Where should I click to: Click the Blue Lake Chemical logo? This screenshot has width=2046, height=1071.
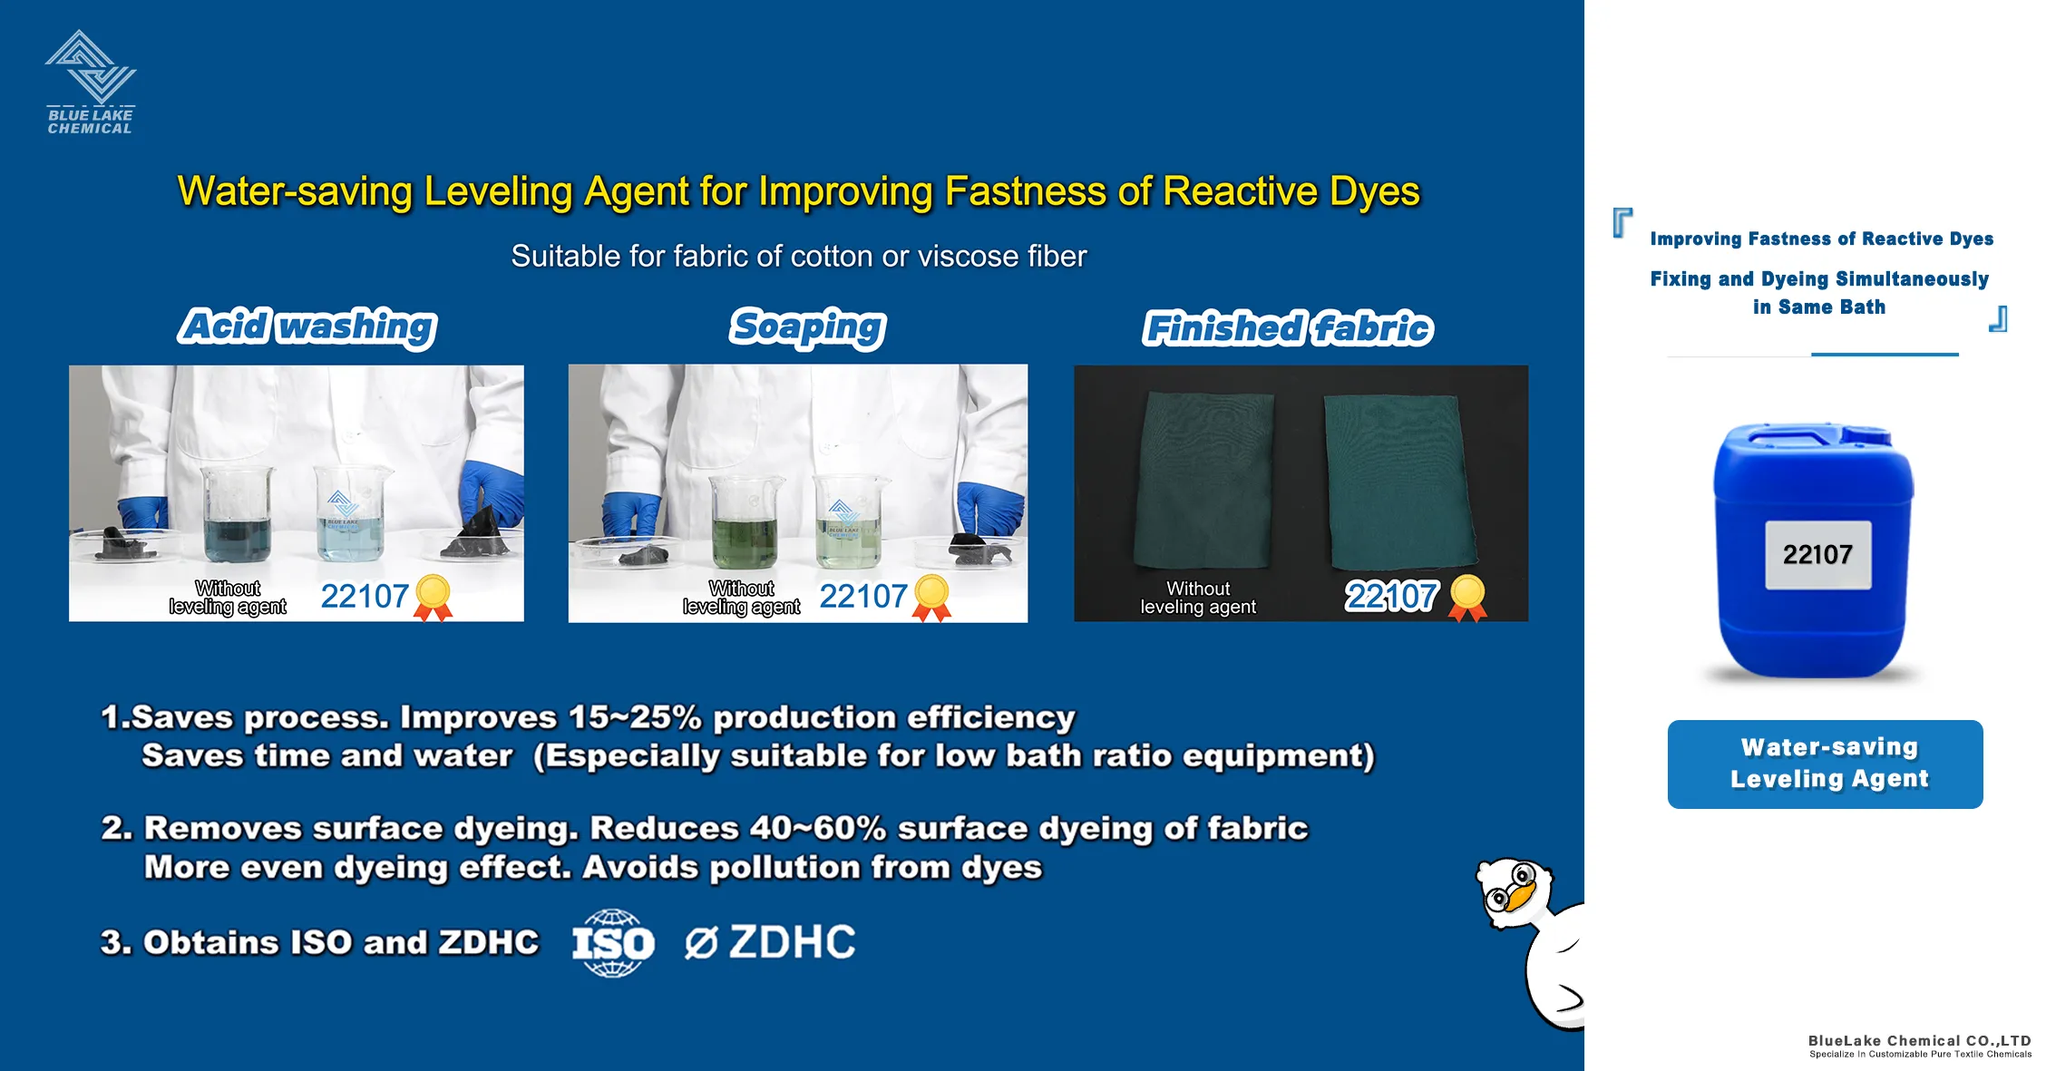[x=90, y=83]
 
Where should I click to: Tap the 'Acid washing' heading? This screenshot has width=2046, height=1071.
[x=307, y=326]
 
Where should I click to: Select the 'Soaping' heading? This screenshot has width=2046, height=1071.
[x=807, y=326]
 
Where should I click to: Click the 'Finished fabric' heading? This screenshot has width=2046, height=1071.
[x=1288, y=328]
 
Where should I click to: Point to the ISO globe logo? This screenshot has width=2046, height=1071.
[x=613, y=943]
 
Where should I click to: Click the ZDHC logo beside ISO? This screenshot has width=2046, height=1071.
[x=770, y=942]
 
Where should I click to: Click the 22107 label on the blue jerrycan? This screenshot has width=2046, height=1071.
[x=1817, y=554]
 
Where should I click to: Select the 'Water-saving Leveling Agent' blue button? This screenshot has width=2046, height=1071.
[x=1825, y=764]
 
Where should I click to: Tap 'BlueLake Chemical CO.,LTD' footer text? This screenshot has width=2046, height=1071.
[x=1919, y=1040]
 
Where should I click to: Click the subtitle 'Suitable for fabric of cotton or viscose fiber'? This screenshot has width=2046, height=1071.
[x=798, y=257]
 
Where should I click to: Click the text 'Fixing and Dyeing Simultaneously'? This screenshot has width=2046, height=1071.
[x=1819, y=278]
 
